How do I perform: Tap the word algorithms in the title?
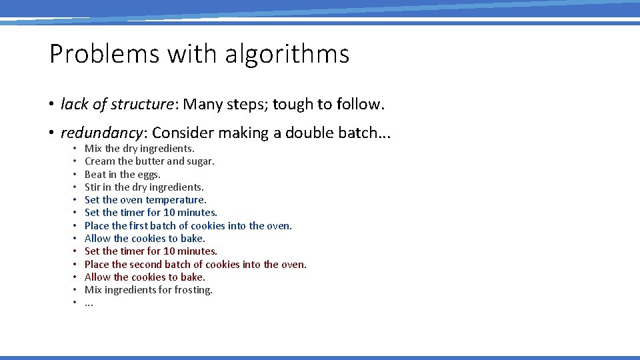[x=287, y=54]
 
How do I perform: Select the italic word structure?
[x=142, y=105]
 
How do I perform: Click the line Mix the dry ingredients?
[x=139, y=149]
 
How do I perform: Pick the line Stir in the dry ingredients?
[x=144, y=187]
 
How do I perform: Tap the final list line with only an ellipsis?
[x=89, y=303]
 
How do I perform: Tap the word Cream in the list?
[x=99, y=161]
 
